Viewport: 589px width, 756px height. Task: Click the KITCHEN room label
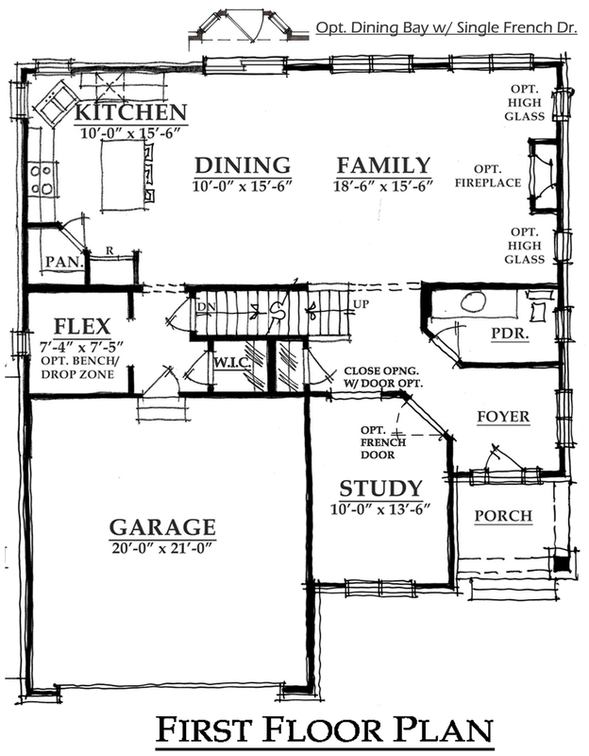click(130, 112)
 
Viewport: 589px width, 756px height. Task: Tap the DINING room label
click(243, 165)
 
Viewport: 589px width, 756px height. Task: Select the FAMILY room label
click(383, 165)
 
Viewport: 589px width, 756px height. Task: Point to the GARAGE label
click(162, 527)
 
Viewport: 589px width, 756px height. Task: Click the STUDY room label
click(380, 489)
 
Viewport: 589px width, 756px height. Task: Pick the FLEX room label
click(82, 326)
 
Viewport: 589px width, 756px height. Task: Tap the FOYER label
click(503, 417)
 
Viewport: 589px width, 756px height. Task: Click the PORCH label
click(503, 516)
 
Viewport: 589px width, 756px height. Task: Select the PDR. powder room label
click(510, 334)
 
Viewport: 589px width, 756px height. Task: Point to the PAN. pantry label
click(64, 263)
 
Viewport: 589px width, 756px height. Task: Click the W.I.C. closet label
click(231, 363)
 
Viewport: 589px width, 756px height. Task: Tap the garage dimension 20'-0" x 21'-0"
click(162, 548)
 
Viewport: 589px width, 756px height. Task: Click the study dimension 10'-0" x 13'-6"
click(380, 509)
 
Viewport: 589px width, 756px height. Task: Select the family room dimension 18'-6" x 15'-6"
click(383, 185)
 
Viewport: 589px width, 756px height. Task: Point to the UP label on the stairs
click(362, 304)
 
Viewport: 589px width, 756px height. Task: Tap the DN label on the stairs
click(206, 306)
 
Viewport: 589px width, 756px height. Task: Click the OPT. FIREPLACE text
click(488, 176)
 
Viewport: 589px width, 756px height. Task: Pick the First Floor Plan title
click(325, 730)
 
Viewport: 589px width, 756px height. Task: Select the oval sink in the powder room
click(473, 301)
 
